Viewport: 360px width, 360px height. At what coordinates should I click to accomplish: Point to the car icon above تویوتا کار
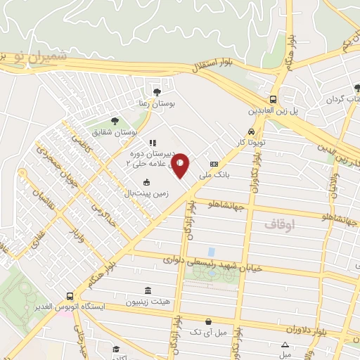(x=251, y=131)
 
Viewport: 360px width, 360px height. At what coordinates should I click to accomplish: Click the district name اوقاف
(x=281, y=224)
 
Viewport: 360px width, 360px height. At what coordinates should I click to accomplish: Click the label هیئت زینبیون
(x=148, y=302)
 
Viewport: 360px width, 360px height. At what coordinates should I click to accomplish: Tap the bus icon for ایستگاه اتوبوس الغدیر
(x=69, y=296)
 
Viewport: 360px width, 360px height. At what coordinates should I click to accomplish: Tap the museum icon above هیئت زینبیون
(x=148, y=290)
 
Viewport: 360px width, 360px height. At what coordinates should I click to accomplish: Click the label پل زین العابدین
(x=271, y=110)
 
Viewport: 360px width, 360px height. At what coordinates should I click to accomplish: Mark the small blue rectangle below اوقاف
(x=211, y=252)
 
